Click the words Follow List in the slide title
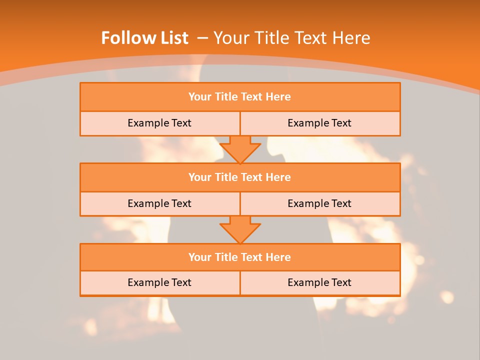144,38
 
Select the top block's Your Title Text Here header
239,97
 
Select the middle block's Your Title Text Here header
239,177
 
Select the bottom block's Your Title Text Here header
239,257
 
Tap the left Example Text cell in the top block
159,123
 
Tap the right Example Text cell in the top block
319,123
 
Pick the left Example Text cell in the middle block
159,203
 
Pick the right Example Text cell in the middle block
319,203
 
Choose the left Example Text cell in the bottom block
159,282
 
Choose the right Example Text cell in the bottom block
319,282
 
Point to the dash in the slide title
202,38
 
